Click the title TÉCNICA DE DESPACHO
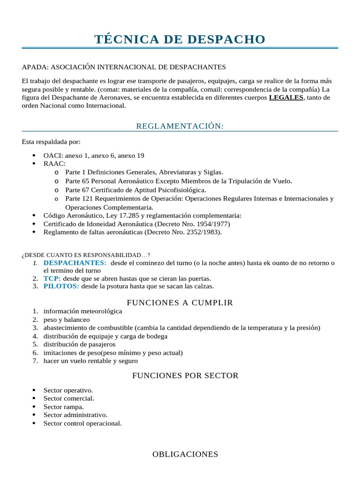click(x=180, y=39)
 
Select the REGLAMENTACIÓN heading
click(x=180, y=126)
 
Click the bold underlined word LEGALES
click(x=286, y=98)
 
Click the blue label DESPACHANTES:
click(x=75, y=263)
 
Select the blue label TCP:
click(x=52, y=278)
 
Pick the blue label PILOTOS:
click(x=61, y=286)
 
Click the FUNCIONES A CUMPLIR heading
click(x=180, y=303)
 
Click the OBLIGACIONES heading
click(x=185, y=454)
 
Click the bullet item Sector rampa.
click(x=64, y=407)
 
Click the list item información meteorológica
click(x=82, y=311)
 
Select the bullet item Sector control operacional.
click(x=82, y=423)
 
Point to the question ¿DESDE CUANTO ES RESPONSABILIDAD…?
click(x=86, y=255)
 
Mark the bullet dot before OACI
click(x=34, y=155)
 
